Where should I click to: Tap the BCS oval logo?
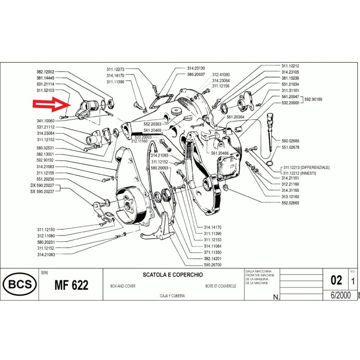pos(18,284)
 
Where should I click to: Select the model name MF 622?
pos(71,285)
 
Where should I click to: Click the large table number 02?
pos(336,280)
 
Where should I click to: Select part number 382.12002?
pos(45,72)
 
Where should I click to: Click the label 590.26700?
pos(213,265)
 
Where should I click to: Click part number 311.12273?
pos(115,69)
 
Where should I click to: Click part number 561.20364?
pos(235,117)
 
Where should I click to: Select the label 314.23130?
pos(196,68)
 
